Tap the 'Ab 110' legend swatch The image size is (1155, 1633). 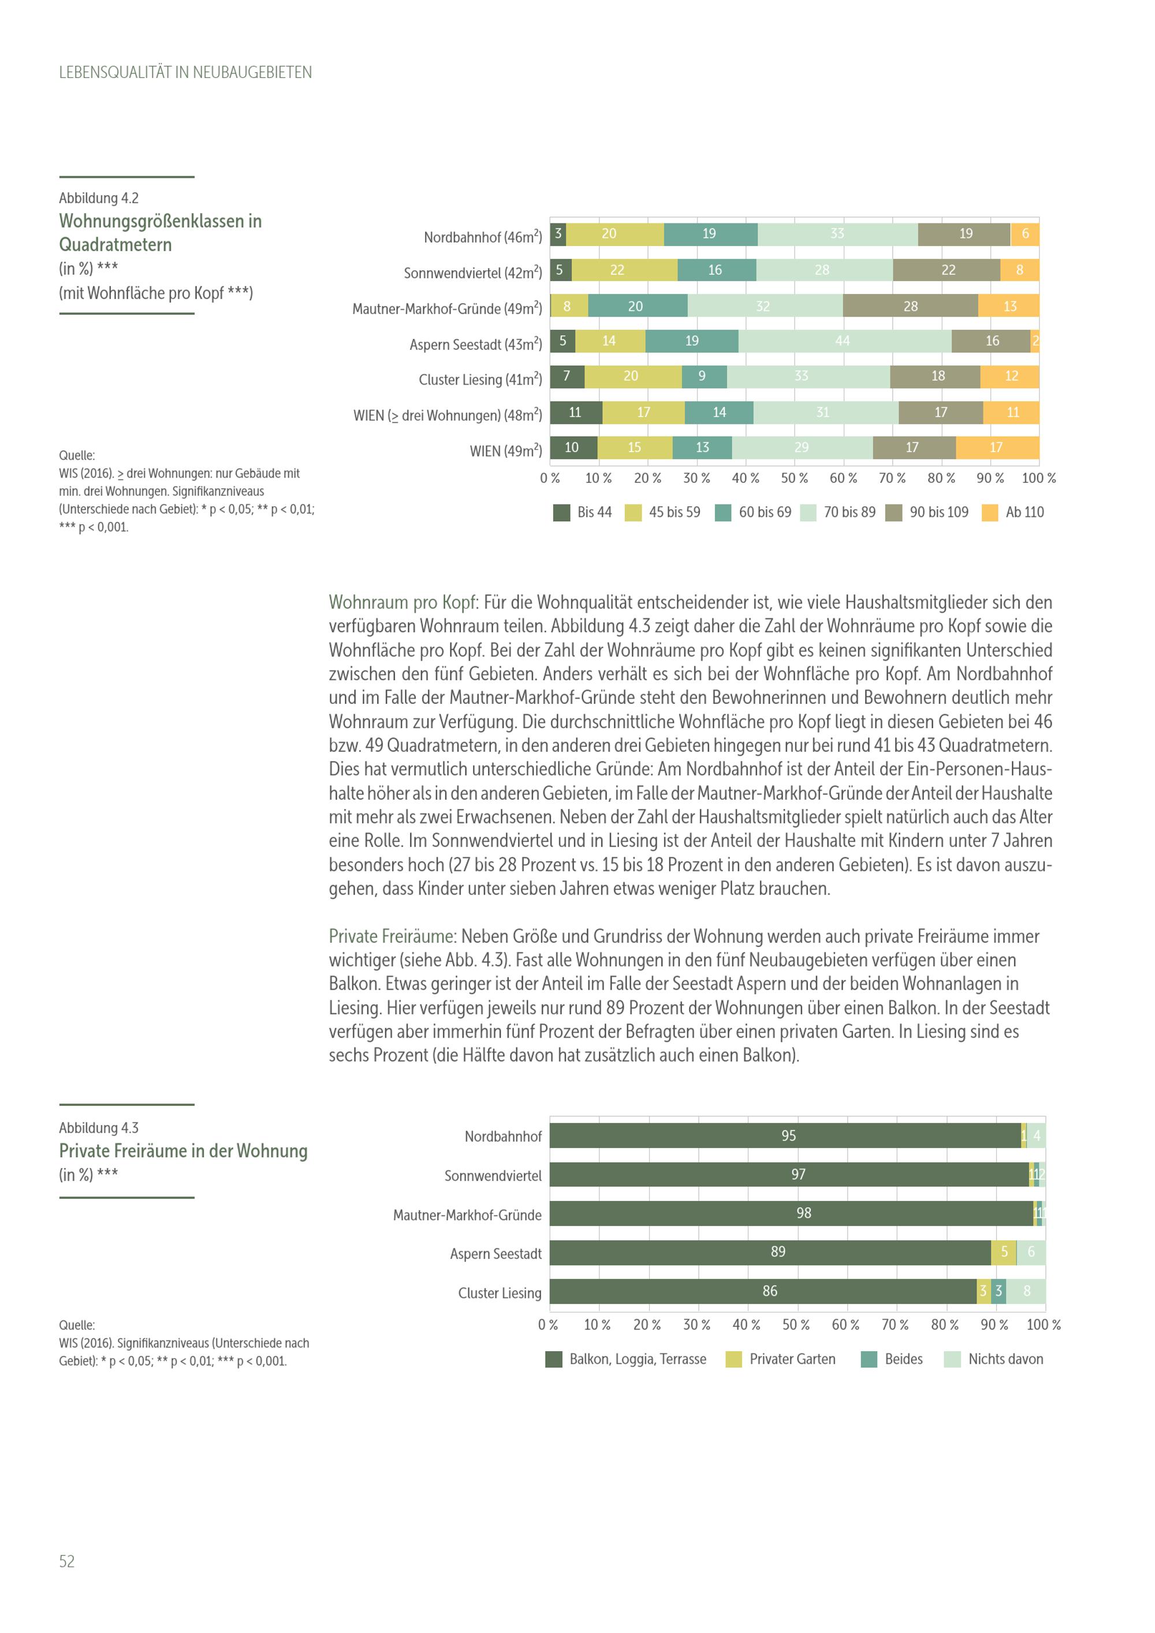(989, 513)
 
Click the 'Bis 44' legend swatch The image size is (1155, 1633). (561, 513)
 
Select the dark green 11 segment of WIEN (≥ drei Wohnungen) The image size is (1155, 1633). (575, 412)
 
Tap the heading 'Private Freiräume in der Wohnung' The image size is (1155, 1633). (183, 1151)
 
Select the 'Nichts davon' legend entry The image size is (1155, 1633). (1005, 1359)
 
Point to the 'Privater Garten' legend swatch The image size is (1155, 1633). (733, 1359)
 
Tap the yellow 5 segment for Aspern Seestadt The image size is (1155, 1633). (1004, 1252)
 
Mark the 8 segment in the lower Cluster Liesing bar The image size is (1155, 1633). (1026, 1291)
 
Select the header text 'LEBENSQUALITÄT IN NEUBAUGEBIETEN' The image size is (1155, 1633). (185, 73)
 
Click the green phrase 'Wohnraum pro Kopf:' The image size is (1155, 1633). (403, 602)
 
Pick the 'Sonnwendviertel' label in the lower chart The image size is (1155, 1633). (493, 1176)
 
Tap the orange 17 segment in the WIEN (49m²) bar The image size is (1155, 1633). (996, 448)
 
